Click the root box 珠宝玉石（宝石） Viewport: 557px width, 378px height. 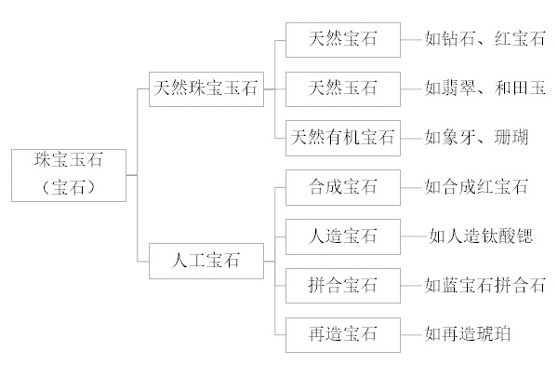click(69, 176)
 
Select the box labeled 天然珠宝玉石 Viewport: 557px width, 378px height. click(206, 89)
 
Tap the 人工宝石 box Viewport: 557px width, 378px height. click(206, 261)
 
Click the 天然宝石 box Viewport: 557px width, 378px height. click(343, 40)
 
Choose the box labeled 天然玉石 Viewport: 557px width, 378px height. click(343, 89)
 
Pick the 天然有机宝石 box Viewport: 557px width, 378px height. click(343, 139)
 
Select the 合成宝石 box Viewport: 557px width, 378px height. click(343, 187)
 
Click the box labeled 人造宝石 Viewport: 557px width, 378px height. click(343, 236)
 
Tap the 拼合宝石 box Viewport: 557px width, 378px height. click(343, 286)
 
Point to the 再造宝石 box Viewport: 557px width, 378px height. click(343, 335)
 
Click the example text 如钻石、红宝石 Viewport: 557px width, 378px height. click(484, 39)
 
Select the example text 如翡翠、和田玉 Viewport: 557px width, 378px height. click(484, 88)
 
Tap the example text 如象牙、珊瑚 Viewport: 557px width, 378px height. click(476, 137)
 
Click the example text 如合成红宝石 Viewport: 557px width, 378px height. click(476, 187)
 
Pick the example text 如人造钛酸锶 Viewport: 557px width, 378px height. click(481, 236)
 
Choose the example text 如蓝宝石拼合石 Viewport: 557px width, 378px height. click(484, 285)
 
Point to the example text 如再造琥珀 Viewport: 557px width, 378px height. click(468, 334)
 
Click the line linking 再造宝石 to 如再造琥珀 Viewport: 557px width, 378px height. click(413, 335)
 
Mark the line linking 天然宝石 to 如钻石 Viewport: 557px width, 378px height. click(413, 40)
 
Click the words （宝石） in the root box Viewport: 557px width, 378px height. click(69, 187)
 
